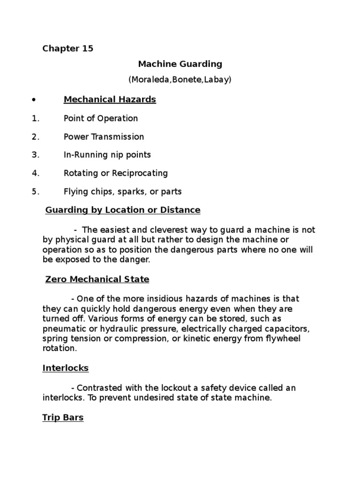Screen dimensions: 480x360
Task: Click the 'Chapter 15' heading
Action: click(68, 49)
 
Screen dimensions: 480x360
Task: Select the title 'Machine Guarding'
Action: click(180, 64)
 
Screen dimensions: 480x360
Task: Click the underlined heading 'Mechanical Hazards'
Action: click(110, 99)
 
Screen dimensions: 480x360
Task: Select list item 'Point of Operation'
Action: click(101, 118)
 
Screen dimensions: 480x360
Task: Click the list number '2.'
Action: click(36, 137)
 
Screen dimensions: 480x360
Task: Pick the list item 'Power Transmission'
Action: click(104, 137)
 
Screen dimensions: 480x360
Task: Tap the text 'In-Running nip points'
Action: click(107, 155)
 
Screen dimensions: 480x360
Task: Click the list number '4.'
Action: click(36, 173)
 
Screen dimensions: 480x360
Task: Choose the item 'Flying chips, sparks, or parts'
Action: click(122, 191)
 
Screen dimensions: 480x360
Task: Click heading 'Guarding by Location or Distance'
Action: click(123, 210)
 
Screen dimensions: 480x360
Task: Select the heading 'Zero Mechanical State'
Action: click(97, 279)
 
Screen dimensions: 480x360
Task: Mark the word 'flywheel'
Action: click(295, 338)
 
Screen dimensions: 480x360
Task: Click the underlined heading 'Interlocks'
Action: click(65, 368)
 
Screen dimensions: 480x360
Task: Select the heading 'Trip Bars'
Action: click(63, 417)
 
